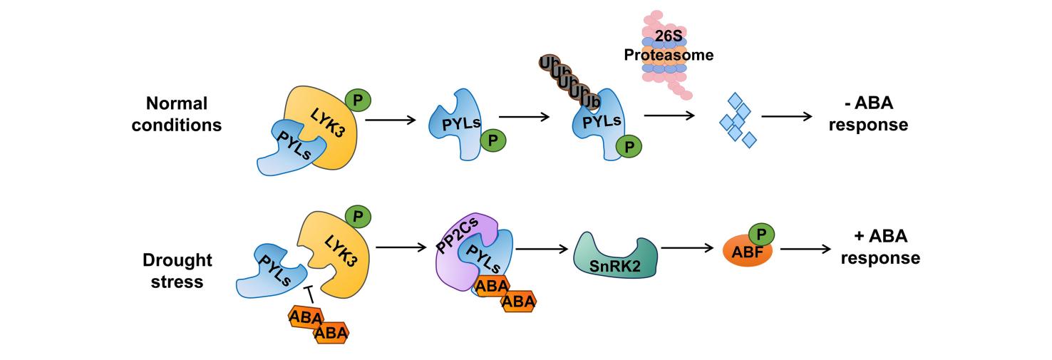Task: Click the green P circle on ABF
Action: click(x=761, y=233)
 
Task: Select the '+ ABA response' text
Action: click(x=880, y=247)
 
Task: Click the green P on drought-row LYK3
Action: click(x=358, y=216)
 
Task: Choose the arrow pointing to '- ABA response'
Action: click(x=787, y=116)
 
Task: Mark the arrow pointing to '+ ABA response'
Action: click(x=805, y=249)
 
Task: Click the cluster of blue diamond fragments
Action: click(x=738, y=120)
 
